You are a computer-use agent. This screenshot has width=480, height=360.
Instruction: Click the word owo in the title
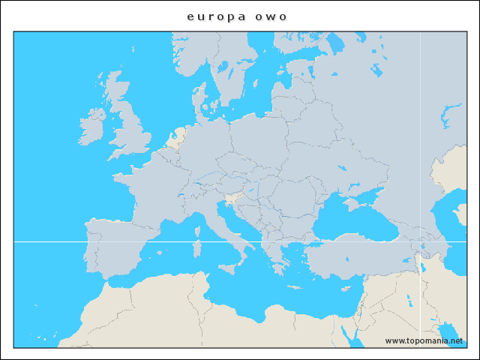tap(274, 16)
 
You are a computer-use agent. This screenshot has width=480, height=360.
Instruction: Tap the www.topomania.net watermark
tap(424, 340)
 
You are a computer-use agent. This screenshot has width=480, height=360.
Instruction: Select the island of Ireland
tap(94, 128)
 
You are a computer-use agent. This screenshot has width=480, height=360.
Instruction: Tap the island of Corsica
tap(198, 226)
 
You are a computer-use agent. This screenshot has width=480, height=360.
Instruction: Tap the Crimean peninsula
tap(351, 202)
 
